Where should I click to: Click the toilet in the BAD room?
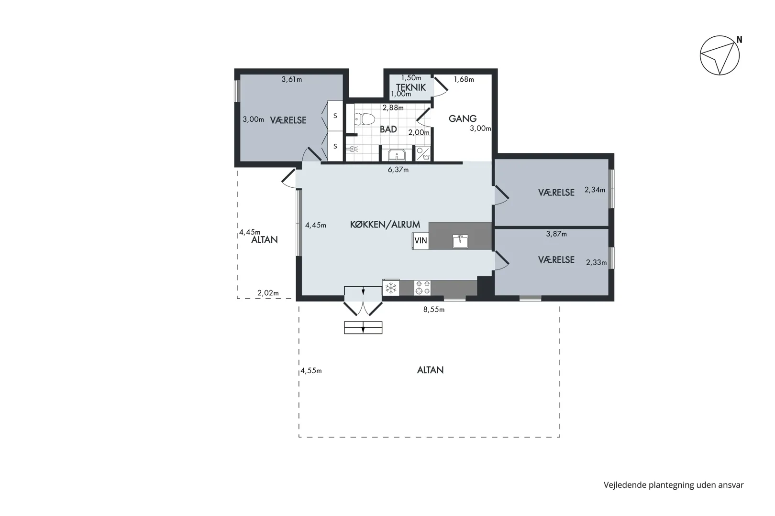365,119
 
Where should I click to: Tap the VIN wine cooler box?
421,240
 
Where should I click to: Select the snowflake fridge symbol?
391,288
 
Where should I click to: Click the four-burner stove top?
422,288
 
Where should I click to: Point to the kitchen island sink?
460,241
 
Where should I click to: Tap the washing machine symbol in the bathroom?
423,154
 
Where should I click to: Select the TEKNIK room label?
411,87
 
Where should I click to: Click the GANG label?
463,118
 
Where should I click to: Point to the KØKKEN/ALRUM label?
385,225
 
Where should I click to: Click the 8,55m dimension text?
434,310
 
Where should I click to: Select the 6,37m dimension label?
398,170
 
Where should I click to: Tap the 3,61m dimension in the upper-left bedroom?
292,79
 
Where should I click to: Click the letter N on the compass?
740,40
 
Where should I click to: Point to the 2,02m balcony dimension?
268,293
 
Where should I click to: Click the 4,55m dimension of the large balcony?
311,371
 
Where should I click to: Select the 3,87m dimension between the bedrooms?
556,234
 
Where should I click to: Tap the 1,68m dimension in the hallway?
464,79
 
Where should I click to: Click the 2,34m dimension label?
595,190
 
